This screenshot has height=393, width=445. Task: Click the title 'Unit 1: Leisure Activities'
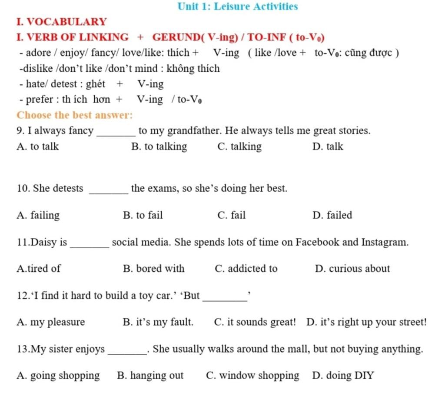coord(238,7)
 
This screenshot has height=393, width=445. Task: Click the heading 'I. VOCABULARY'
coord(61,22)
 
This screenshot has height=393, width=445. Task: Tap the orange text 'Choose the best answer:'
coord(74,115)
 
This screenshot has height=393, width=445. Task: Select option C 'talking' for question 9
coord(239,147)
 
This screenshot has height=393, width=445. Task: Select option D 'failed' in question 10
coord(332,215)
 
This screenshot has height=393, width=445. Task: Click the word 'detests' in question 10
coord(66,189)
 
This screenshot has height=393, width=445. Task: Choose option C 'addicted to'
coord(246,269)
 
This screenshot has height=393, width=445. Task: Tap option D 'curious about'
coord(352,269)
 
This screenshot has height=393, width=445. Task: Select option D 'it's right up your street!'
coord(366,323)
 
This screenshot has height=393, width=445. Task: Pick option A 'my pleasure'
coord(51,323)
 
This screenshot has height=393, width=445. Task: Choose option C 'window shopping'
coord(252,376)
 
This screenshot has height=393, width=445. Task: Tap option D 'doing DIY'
coord(343,376)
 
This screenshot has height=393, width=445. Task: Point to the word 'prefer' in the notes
coord(36,100)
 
